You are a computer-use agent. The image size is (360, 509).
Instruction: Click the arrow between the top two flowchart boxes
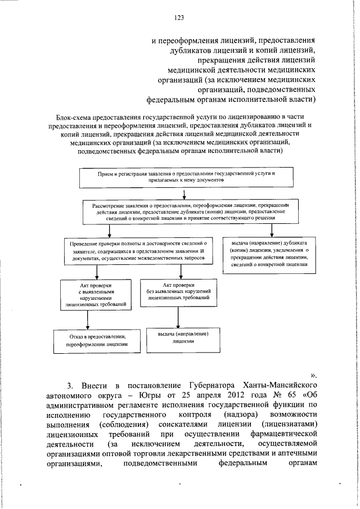[184, 195]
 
